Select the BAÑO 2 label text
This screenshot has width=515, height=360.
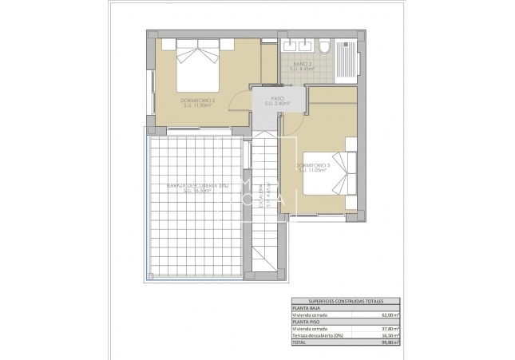pyautogui.click(x=302, y=65)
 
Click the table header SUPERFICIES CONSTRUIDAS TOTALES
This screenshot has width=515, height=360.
pyautogui.click(x=345, y=302)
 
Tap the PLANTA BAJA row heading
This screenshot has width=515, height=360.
pyautogui.click(x=307, y=309)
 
